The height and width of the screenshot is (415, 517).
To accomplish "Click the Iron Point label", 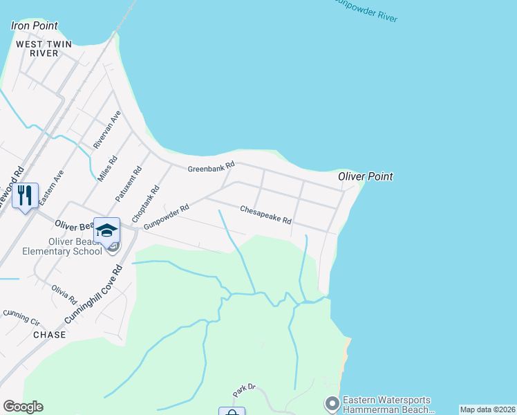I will pos(35,26).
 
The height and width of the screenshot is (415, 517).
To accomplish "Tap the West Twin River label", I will pos(37,48).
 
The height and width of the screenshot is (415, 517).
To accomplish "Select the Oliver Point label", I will pos(366,177).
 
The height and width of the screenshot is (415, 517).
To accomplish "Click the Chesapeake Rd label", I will pos(265,214).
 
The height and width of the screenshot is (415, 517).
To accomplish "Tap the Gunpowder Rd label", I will pos(167,217).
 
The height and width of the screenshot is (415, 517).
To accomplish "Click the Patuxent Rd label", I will pos(129,183).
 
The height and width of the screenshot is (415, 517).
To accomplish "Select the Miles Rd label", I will pos(108,168).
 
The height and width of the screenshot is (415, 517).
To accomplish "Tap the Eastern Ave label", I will pos(52,187).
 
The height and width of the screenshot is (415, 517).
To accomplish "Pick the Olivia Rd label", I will pos(64,295).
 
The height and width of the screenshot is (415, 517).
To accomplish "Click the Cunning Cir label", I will pos(21,317).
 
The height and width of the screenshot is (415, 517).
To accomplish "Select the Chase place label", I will pos(50,335).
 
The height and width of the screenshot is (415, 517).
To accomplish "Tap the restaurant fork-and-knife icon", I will pos(25,196).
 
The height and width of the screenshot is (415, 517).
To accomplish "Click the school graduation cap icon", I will pos(107,230).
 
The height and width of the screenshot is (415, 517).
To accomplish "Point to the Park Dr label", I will pos(244,390).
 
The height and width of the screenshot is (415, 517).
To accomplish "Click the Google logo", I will pos(23,407).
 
